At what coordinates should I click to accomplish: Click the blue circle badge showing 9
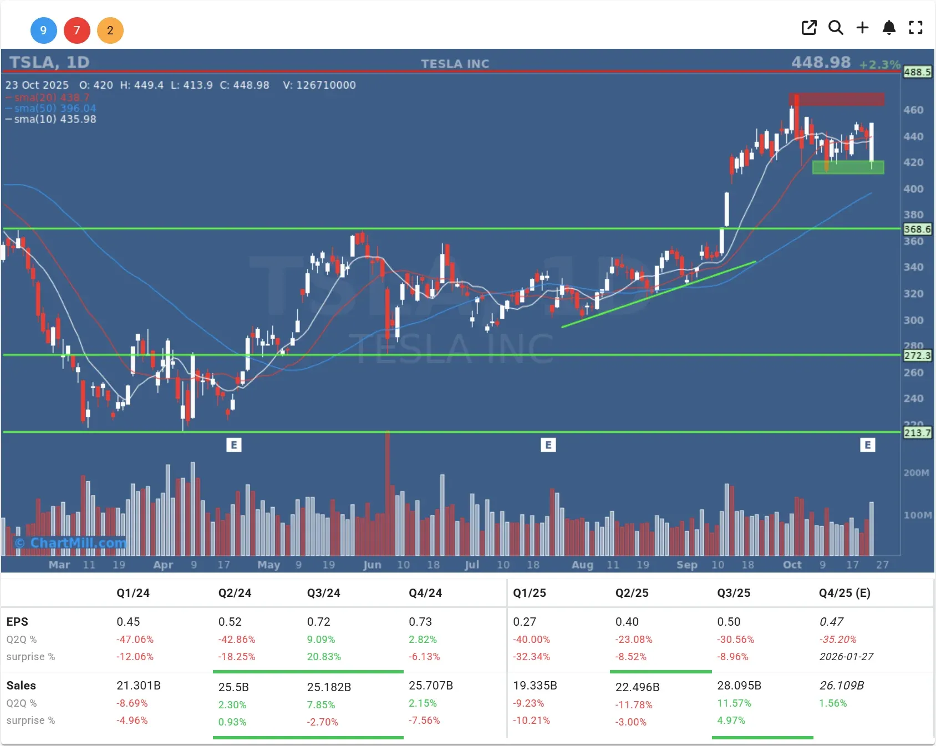tap(43, 30)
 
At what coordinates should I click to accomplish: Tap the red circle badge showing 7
tap(77, 30)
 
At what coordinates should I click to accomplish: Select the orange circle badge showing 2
tap(110, 30)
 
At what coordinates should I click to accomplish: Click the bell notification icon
tap(889, 28)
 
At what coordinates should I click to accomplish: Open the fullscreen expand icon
tap(915, 28)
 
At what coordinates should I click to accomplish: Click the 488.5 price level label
tap(917, 72)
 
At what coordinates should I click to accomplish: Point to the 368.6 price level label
tap(917, 229)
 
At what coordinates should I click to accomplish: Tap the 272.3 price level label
tap(917, 355)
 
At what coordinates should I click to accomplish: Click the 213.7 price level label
tap(917, 432)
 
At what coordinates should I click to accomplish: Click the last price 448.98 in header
tap(821, 62)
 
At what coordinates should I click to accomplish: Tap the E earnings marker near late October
tap(867, 444)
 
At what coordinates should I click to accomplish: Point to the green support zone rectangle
tap(848, 167)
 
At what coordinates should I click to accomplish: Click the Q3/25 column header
tap(734, 593)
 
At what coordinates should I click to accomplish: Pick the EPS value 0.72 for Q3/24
tap(318, 622)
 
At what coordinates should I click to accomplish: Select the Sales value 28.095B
tap(739, 686)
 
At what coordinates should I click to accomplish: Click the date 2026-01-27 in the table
tap(846, 657)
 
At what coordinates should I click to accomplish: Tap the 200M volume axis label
tap(916, 473)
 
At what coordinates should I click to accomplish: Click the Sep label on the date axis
tap(686, 565)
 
